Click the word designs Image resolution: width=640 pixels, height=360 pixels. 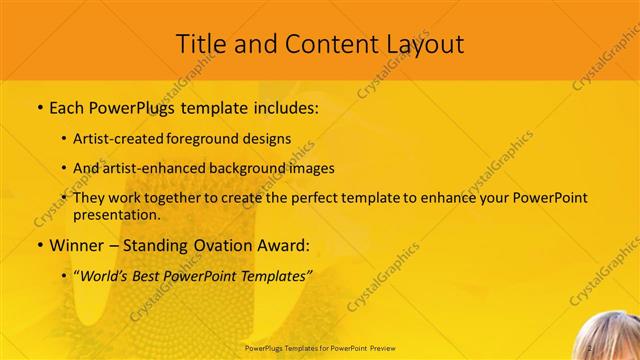(x=271, y=138)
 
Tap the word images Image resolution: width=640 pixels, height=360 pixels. (x=307, y=168)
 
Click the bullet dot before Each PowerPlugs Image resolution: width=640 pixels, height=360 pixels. (x=39, y=107)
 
